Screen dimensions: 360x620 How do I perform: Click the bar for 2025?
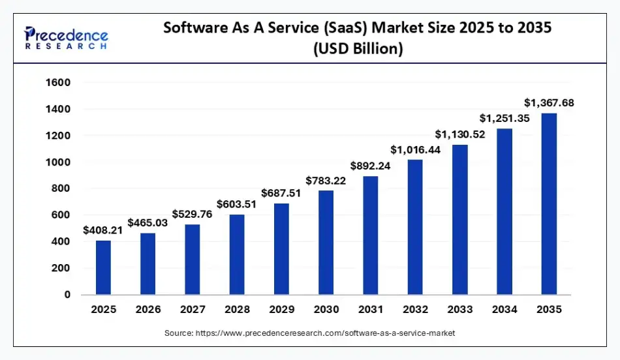[x=103, y=267]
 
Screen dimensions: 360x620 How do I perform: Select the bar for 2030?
[x=326, y=242]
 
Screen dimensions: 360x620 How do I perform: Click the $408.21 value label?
[x=103, y=230]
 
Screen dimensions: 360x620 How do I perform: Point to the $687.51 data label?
[x=281, y=193]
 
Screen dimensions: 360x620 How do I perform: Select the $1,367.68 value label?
[x=549, y=102]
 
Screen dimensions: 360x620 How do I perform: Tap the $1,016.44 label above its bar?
[x=415, y=149]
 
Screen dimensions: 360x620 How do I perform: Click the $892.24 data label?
[x=371, y=166]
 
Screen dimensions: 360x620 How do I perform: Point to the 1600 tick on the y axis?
[x=57, y=83]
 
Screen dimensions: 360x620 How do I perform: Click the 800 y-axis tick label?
[x=60, y=188]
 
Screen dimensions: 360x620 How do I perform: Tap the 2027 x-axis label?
[x=193, y=310]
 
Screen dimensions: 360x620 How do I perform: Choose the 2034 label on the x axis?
[x=504, y=310]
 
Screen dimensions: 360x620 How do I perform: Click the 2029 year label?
[x=281, y=310]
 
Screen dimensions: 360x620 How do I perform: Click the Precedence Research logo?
[x=66, y=37]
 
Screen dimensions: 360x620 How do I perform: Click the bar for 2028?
[x=237, y=254]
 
